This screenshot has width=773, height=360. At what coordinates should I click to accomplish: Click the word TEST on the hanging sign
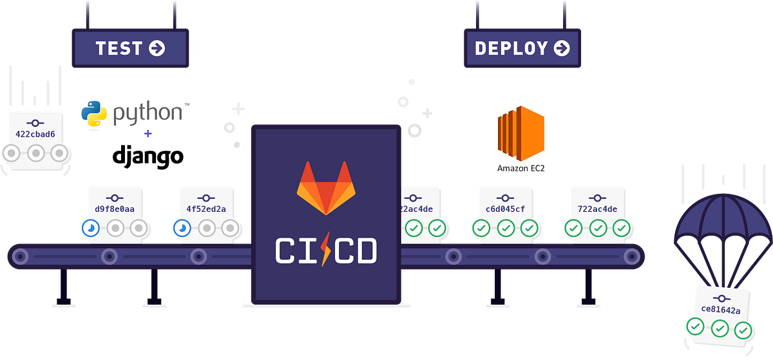[119, 48]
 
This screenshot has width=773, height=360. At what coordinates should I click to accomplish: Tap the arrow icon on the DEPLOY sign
[561, 48]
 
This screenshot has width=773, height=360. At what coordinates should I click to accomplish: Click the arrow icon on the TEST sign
[157, 48]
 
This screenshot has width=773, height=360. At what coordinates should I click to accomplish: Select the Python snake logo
[94, 113]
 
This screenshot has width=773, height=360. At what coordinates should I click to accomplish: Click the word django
[148, 156]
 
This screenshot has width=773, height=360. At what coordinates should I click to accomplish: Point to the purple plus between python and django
[148, 134]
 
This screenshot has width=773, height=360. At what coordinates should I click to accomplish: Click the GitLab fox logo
[325, 189]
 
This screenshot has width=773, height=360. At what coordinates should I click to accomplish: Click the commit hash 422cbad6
[35, 135]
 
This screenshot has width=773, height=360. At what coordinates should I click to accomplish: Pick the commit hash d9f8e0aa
[115, 209]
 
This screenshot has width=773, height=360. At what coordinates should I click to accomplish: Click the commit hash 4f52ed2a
[206, 209]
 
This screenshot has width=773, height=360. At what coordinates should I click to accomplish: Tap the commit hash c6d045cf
[506, 209]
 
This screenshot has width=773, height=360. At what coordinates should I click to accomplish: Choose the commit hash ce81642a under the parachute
[720, 310]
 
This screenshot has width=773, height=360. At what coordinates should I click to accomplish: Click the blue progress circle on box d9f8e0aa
[90, 228]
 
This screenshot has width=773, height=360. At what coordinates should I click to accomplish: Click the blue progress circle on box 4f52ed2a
[182, 228]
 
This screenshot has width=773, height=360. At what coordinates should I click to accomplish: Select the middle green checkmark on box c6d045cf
[506, 228]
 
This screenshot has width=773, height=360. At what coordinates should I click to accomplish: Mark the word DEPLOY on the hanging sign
[511, 48]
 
